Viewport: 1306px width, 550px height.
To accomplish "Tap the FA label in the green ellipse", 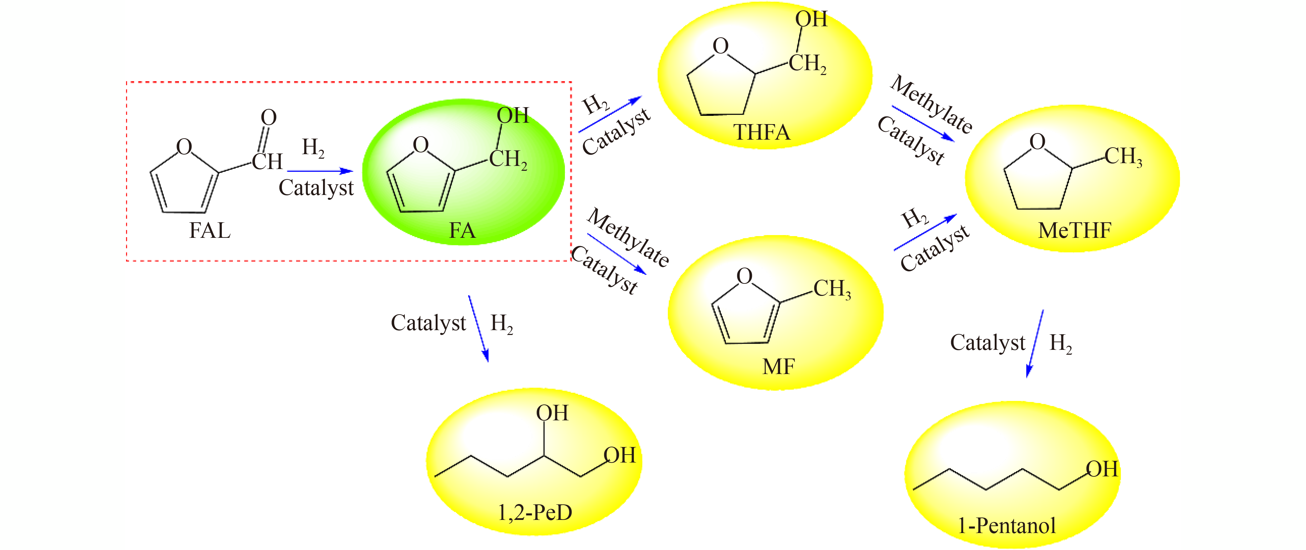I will click(462, 231).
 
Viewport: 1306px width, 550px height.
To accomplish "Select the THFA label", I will click(761, 132).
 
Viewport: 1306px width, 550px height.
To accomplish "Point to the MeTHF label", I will click(1074, 231).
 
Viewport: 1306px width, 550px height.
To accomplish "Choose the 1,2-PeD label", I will click(535, 512).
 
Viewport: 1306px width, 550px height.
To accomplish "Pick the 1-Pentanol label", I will click(1006, 526).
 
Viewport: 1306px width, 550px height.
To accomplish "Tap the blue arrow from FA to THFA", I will click(610, 114).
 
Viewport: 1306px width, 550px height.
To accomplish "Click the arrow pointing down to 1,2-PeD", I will click(478, 328).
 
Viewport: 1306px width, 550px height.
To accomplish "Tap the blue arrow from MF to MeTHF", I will click(925, 232).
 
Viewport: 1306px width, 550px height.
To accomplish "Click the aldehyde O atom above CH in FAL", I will click(269, 118).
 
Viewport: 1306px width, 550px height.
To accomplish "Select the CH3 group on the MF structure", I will click(832, 289).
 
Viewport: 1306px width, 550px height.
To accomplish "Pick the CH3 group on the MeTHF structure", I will click(1123, 157).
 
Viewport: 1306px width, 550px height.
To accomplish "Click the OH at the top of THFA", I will click(811, 19).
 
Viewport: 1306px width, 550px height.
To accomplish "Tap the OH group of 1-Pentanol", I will click(1102, 469).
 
